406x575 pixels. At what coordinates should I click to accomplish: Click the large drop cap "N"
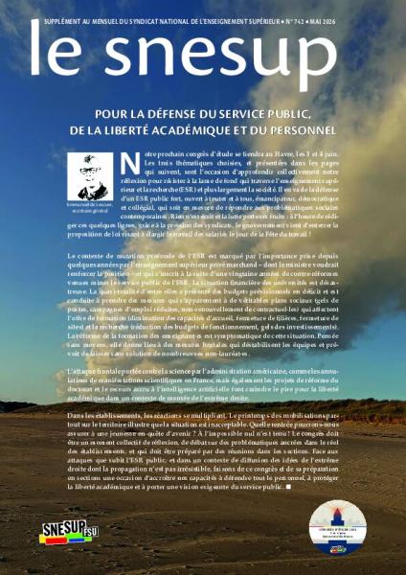tap(132, 164)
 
